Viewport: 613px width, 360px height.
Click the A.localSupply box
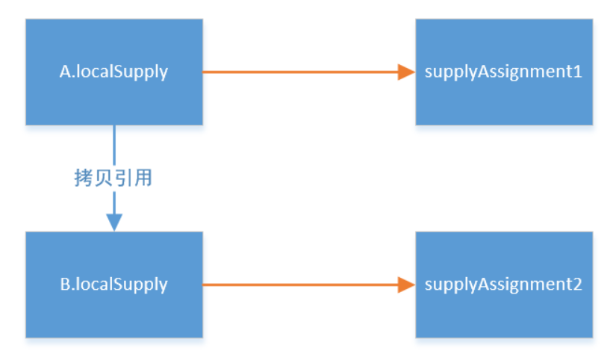114,72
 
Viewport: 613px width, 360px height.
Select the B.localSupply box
114,285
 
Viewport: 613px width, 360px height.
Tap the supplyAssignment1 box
504,72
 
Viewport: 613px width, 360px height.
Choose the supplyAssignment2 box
504,285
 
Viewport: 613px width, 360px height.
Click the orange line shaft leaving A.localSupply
300,72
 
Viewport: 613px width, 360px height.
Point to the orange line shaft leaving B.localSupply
300,285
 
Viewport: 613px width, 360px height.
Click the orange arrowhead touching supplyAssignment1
407,72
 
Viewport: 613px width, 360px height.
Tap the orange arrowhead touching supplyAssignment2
407,285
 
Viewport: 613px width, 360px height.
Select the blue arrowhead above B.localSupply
114,223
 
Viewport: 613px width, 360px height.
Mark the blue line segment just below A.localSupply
114,145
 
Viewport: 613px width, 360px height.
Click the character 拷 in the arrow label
84,178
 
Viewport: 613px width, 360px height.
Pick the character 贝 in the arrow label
103,178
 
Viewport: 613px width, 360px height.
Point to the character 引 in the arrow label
122,178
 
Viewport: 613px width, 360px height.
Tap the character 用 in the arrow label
143,178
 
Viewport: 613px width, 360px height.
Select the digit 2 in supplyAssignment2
577,284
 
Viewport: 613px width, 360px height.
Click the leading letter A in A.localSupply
64,72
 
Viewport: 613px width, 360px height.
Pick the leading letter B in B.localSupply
65,284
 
